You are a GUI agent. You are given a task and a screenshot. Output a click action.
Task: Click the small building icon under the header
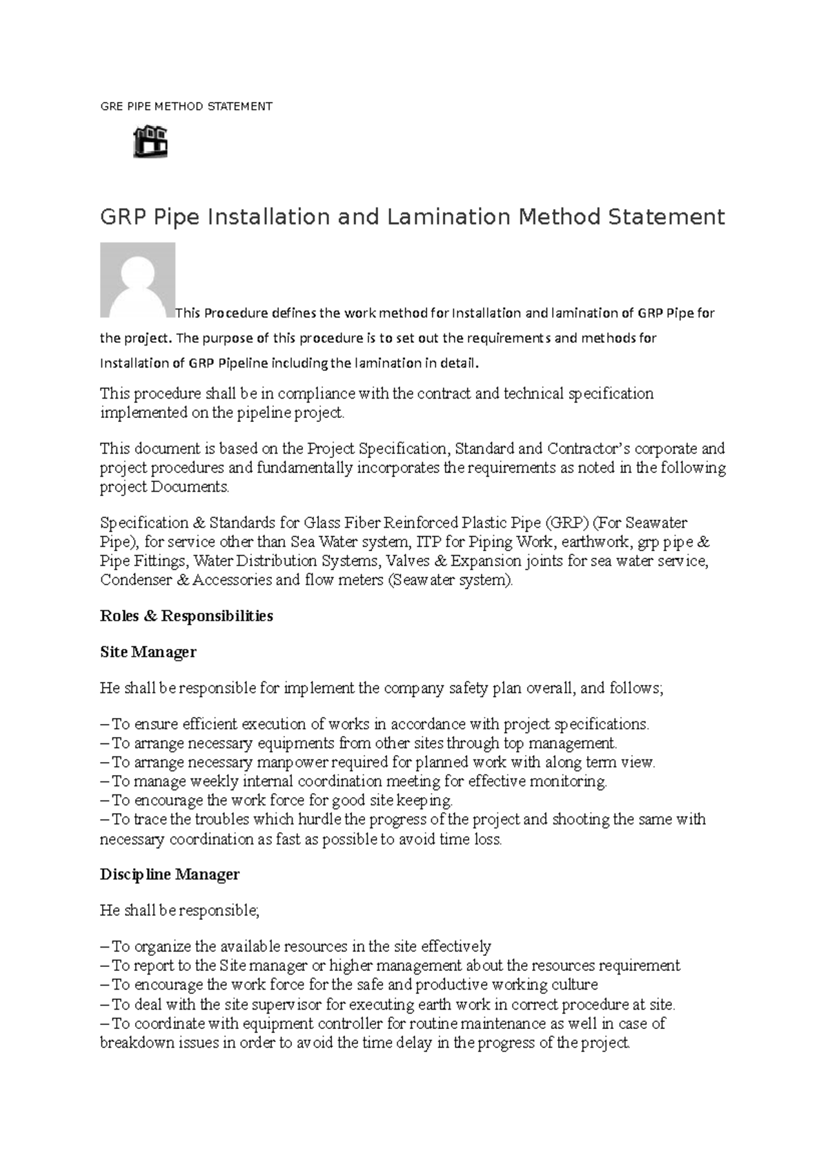point(150,141)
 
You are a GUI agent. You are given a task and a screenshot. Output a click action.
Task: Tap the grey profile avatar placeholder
point(137,280)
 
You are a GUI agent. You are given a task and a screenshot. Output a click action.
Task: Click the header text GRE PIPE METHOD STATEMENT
point(186,106)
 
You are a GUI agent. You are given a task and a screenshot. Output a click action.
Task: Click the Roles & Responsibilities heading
point(186,616)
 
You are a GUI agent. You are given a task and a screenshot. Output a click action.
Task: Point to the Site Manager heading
point(148,652)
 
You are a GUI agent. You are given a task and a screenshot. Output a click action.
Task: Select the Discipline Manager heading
point(170,874)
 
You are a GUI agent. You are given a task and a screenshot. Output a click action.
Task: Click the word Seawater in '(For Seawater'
point(655,523)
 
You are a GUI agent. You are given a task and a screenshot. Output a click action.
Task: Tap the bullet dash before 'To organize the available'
point(104,947)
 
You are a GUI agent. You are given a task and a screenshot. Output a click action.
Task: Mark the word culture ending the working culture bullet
point(574,985)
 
